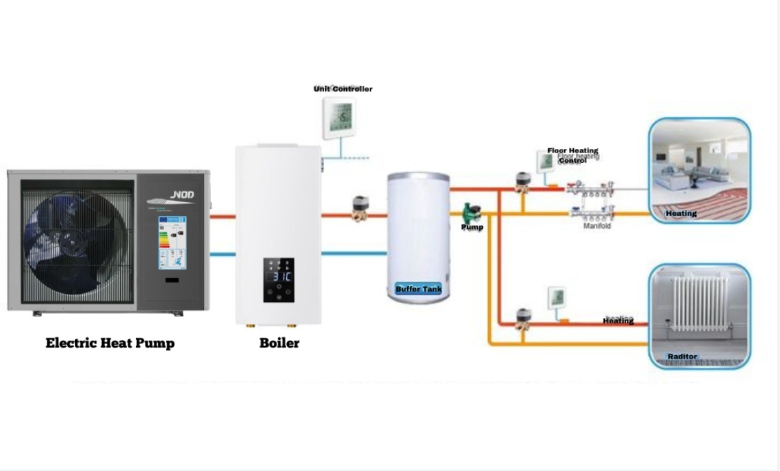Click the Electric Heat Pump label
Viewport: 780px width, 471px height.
pyautogui.click(x=110, y=343)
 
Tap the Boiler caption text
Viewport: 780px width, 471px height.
pyautogui.click(x=279, y=343)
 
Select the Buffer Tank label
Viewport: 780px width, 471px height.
pyautogui.click(x=418, y=289)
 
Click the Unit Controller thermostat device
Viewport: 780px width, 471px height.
pyautogui.click(x=337, y=117)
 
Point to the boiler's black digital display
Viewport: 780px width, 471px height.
pyautogui.click(x=279, y=280)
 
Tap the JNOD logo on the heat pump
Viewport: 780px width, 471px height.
pyautogui.click(x=182, y=195)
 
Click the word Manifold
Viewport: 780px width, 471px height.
pyautogui.click(x=597, y=226)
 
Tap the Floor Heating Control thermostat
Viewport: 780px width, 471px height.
pyautogui.click(x=546, y=161)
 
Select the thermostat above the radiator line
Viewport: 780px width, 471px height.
pyautogui.click(x=557, y=298)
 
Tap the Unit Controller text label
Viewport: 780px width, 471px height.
pyautogui.click(x=343, y=89)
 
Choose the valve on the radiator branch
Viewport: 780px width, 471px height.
pyautogui.click(x=523, y=320)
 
